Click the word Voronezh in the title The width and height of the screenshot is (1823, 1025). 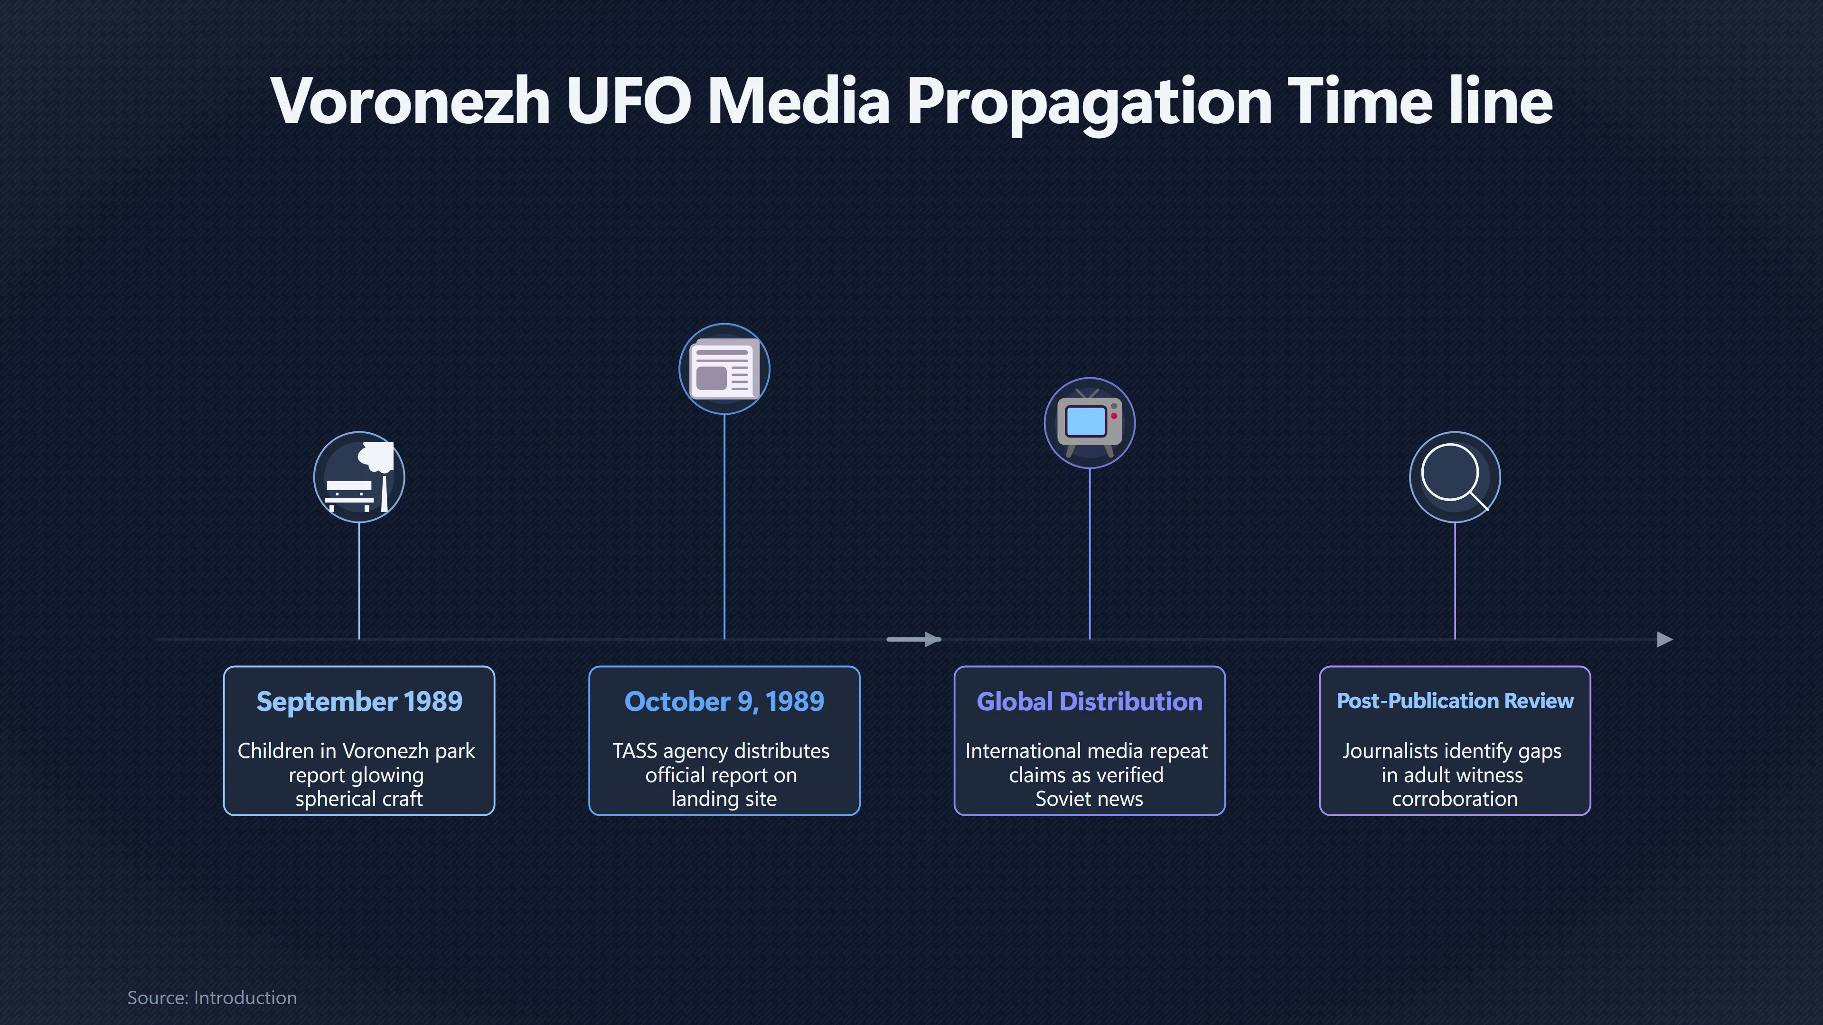[x=411, y=101]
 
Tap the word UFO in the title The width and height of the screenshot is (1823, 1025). [x=629, y=101]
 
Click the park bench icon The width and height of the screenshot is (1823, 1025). [x=359, y=477]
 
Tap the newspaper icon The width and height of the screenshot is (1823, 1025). [x=724, y=369]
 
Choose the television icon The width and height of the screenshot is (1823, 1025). [x=1089, y=423]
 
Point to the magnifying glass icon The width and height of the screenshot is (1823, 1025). [x=1454, y=477]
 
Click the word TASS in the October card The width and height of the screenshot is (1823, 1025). [x=635, y=751]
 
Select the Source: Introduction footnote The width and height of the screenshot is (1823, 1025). [x=212, y=997]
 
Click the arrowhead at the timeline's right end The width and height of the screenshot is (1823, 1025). [x=1665, y=640]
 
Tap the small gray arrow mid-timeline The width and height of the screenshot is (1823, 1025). [x=913, y=640]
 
